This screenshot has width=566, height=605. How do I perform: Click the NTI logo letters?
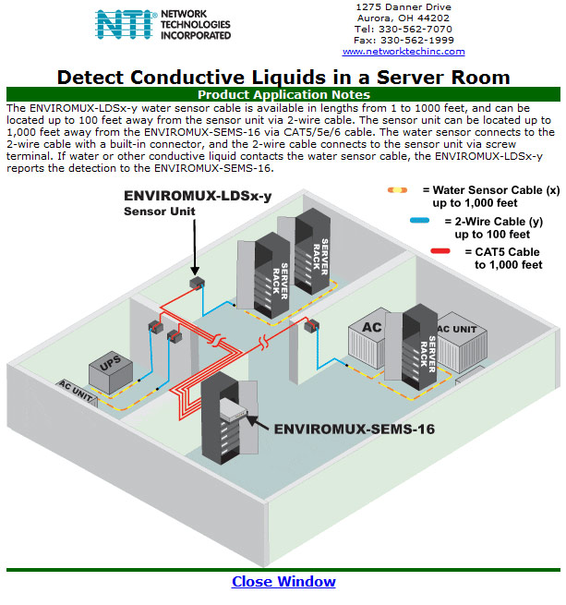tap(124, 24)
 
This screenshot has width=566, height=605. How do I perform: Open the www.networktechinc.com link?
tap(403, 52)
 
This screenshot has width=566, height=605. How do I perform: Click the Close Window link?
tap(283, 582)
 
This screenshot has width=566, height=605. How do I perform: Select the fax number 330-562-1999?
tap(417, 40)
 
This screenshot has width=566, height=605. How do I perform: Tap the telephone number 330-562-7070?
tap(415, 29)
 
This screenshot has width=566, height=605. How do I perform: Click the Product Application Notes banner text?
tap(283, 95)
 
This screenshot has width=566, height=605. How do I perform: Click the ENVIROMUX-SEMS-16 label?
tap(355, 430)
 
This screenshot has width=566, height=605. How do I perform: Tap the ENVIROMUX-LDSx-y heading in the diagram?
tap(198, 196)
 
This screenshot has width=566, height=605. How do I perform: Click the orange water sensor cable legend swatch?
tap(397, 190)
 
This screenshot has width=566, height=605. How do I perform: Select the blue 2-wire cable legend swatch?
tap(420, 221)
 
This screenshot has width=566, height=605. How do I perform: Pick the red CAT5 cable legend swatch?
tap(440, 251)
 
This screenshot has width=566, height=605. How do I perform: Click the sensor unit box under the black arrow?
tap(197, 284)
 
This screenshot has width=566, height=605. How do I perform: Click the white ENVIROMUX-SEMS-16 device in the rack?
tap(234, 409)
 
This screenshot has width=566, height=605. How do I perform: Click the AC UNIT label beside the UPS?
tap(76, 392)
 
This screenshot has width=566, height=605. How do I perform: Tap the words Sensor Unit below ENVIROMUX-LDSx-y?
tap(160, 212)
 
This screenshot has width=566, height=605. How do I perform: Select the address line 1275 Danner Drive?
tap(403, 7)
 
